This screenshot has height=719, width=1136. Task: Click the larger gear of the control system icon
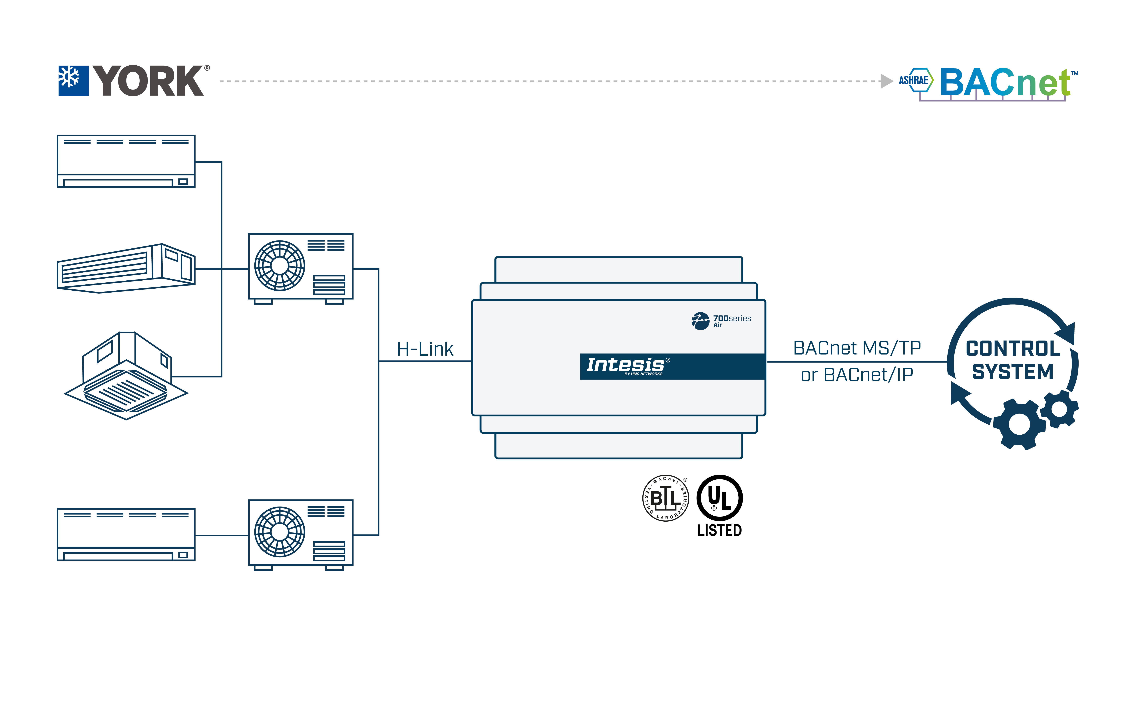(x=1019, y=424)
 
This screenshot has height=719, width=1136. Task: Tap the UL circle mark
(x=719, y=498)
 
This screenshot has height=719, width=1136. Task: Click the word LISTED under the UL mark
(x=719, y=530)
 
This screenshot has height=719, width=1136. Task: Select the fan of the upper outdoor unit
(x=280, y=266)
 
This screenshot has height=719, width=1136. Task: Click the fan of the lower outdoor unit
(x=280, y=532)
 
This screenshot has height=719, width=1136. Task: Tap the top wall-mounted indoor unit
(x=126, y=161)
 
